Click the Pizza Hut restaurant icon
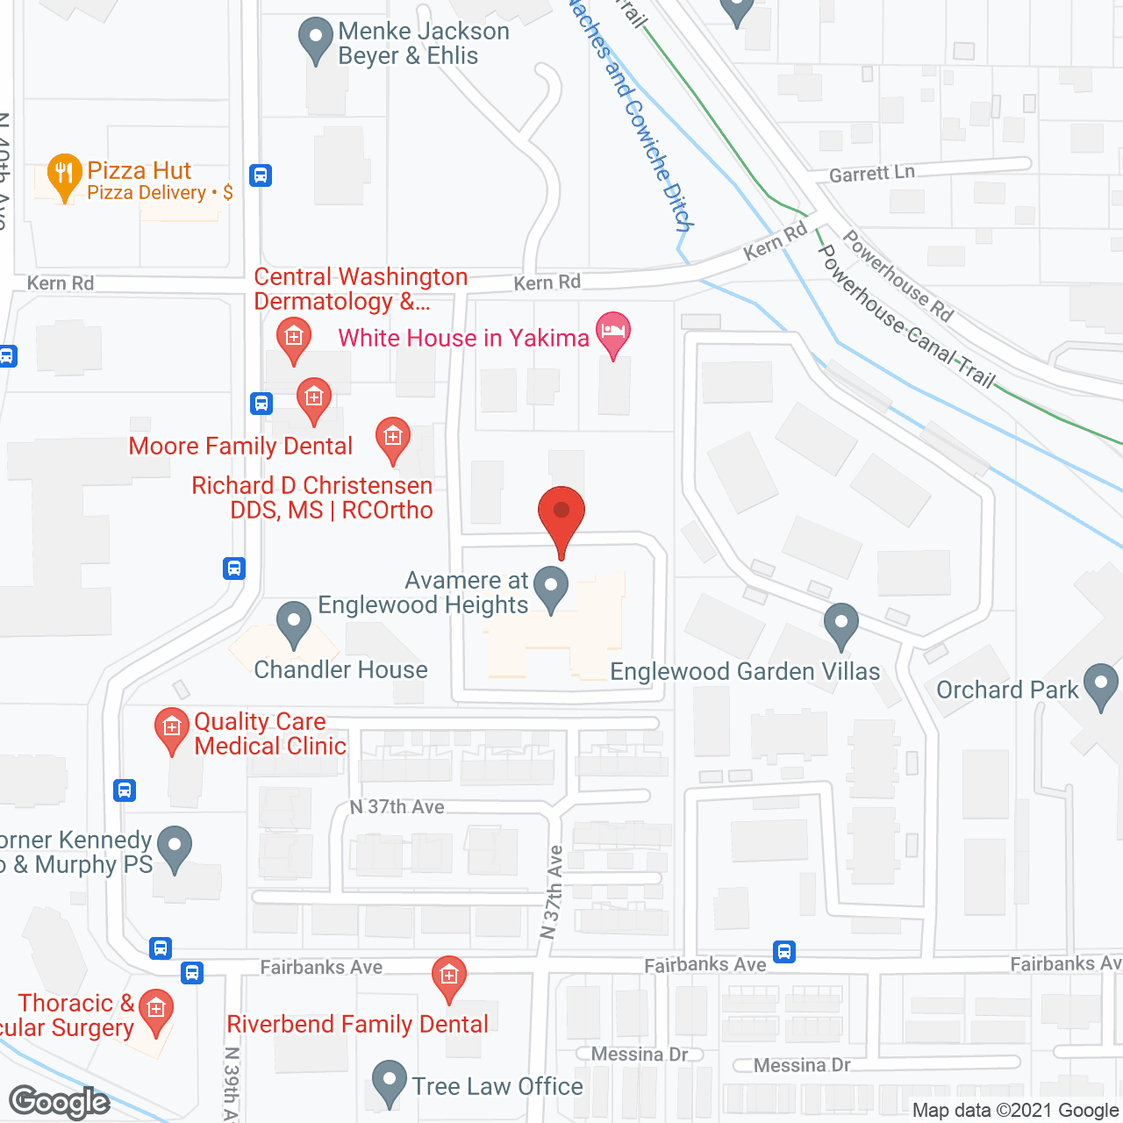(x=64, y=175)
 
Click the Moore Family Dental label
(x=240, y=446)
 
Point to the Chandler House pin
(x=294, y=624)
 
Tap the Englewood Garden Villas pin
(x=841, y=625)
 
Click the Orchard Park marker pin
(x=1100, y=686)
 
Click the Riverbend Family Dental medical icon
(x=449, y=977)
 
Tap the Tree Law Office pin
(x=389, y=1083)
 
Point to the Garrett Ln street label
(x=871, y=174)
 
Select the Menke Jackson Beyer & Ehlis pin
(x=315, y=39)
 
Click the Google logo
(x=60, y=1102)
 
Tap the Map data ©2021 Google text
(x=1015, y=1111)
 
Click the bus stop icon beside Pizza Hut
(x=261, y=175)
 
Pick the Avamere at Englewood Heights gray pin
(x=551, y=589)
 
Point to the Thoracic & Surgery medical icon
(x=156, y=1011)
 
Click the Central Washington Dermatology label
(x=361, y=289)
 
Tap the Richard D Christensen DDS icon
(x=392, y=439)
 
